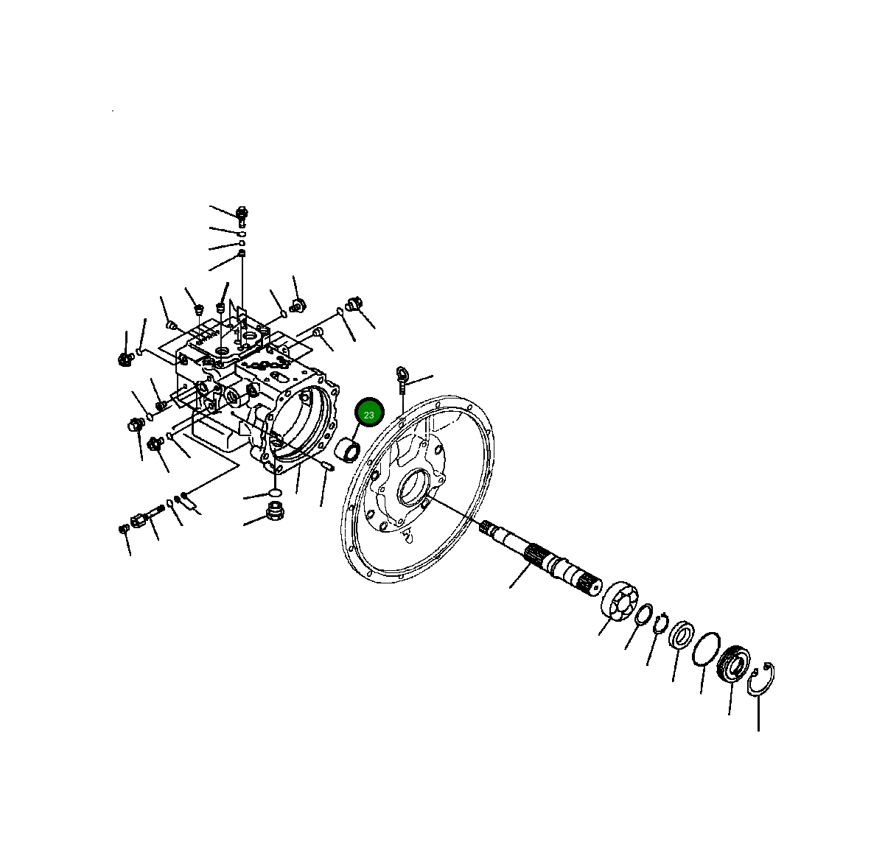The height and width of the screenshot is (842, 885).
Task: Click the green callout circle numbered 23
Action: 369,414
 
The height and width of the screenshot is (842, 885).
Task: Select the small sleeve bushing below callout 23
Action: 347,450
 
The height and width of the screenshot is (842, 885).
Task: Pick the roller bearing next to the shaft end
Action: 618,600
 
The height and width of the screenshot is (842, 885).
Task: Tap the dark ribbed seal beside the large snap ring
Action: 733,662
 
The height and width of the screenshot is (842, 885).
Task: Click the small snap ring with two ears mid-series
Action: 660,623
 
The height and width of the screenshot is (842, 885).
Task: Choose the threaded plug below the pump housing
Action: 276,510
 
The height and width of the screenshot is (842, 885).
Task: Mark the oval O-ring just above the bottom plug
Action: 274,491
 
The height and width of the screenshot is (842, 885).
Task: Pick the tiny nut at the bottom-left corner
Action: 123,528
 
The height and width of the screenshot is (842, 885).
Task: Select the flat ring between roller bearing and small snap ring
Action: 643,612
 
